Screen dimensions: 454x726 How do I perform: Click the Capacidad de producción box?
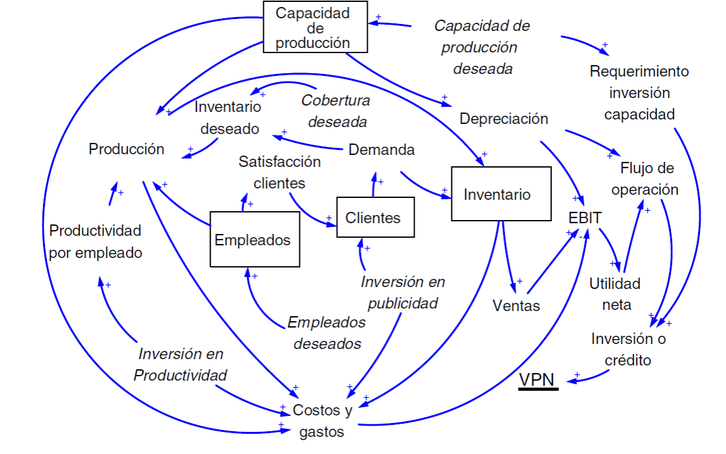pos(315,28)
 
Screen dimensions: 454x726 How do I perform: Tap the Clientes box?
pos(375,218)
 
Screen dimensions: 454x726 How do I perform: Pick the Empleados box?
pos(254,240)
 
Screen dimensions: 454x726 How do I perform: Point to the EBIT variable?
pos(585,218)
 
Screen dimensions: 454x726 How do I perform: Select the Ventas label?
pos(516,306)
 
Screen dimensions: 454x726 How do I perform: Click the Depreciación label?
pos(504,119)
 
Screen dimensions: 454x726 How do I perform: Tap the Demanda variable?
pos(382,150)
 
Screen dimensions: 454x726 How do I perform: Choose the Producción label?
pos(127,149)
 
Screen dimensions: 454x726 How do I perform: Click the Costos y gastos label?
pos(322,421)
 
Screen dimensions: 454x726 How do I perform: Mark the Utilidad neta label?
pos(615,294)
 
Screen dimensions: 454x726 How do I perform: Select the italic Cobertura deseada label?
pos(336,110)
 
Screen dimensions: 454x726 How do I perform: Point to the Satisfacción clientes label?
pos(279,172)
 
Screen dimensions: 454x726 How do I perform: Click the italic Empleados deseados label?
pos(327,333)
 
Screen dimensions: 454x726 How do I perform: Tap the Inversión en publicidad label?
pos(403,292)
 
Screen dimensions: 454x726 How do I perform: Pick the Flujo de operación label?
pos(649,179)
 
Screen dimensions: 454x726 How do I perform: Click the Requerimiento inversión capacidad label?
pos(639,92)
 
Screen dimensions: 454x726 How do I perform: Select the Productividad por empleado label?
pos(95,242)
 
